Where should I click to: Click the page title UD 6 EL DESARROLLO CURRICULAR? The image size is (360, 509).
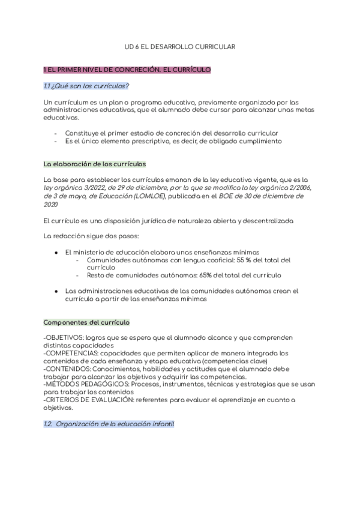click(x=180, y=46)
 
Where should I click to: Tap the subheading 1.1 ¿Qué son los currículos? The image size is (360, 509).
click(x=86, y=86)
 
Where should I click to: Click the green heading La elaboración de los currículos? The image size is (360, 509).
click(x=95, y=164)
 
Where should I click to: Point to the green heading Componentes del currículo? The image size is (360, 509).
click(x=86, y=322)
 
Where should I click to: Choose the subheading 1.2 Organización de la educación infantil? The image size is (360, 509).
click(x=109, y=424)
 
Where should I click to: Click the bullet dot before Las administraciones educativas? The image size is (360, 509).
click(x=56, y=291)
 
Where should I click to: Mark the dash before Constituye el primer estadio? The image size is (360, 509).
click(x=56, y=133)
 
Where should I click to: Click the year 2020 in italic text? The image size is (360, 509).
click(x=51, y=204)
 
